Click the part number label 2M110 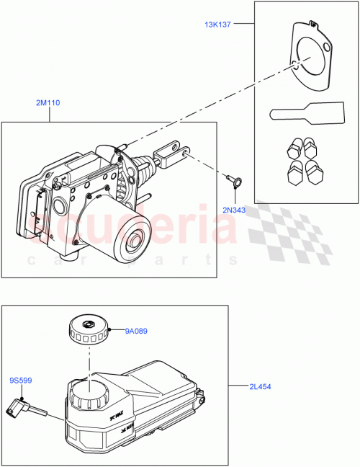point(48,104)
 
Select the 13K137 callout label point(217,25)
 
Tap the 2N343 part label point(233,209)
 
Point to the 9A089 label point(136,332)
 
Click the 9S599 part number point(20,381)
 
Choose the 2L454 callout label point(259,387)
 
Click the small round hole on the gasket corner point(328,48)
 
